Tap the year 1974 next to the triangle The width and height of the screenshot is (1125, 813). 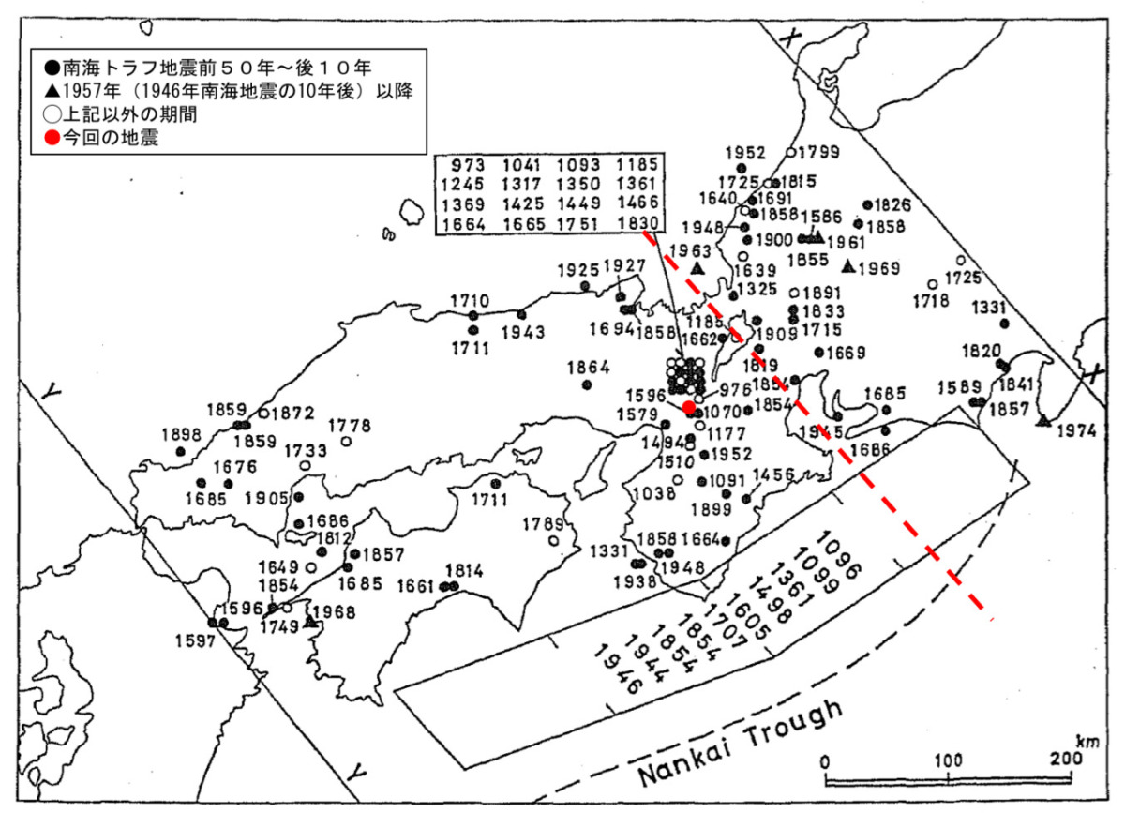click(x=1079, y=431)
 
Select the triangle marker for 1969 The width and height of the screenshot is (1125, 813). click(x=848, y=267)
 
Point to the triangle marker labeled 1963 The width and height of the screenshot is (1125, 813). click(x=697, y=267)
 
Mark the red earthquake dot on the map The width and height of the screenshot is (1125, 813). click(x=689, y=407)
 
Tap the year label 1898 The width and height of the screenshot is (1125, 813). click(x=182, y=434)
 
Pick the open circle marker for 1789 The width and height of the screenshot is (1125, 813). click(x=554, y=541)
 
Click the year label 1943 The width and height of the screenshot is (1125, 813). click(x=522, y=333)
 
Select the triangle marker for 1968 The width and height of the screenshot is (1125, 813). click(x=308, y=620)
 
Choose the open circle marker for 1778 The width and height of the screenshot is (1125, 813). click(x=346, y=441)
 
